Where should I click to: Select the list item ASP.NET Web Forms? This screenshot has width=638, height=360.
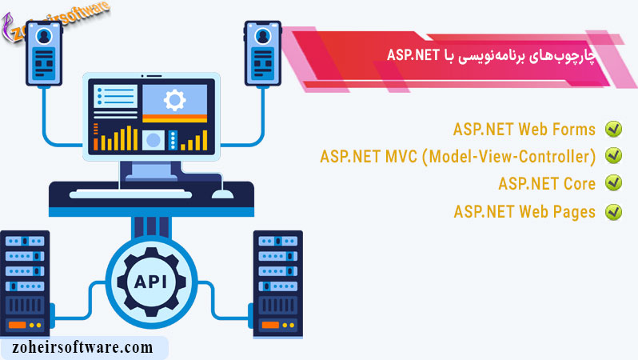pos(524,130)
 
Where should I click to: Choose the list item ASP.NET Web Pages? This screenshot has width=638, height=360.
pos(524,212)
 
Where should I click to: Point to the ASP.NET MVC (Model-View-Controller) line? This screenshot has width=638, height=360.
pos(457,156)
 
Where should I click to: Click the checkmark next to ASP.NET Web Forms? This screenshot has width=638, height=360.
pos(613,130)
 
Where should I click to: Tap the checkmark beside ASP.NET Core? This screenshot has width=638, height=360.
pos(613,183)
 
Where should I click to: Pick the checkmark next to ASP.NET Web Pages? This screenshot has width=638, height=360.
pos(613,212)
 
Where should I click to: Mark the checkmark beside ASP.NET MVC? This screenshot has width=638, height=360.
pos(613,156)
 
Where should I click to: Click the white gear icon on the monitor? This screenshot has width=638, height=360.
pos(173,100)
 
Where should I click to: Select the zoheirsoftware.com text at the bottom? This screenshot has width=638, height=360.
pos(82,347)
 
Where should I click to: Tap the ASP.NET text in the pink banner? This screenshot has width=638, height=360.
pos(409,54)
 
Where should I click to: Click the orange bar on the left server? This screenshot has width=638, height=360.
pos(16,326)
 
